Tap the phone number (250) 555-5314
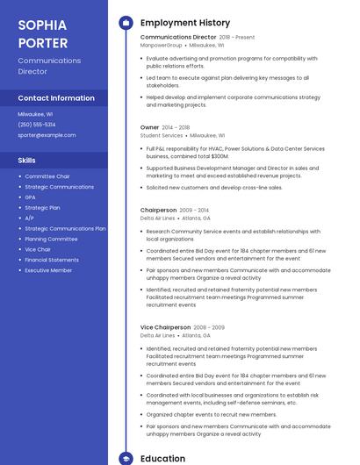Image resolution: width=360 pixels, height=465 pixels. coord(37,125)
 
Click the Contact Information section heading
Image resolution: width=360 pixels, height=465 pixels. coord(56,98)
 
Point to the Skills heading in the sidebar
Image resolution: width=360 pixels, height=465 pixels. coord(27,161)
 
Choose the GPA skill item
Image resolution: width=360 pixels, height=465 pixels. coord(31,197)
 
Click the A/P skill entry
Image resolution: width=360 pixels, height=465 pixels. coord(30,218)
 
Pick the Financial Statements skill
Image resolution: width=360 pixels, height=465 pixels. coord(52,260)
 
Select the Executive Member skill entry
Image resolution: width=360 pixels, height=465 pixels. coord(48,270)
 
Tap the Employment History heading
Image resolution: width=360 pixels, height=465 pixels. coord(185,23)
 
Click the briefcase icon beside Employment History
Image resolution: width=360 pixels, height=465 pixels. coord(126,23)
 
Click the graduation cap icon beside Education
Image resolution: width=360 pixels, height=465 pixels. coord(126,458)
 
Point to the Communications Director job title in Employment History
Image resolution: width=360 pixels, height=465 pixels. coord(178,38)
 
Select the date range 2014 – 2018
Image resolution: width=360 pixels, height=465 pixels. coord(176,127)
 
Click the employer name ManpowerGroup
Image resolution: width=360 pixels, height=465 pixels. coord(162,45)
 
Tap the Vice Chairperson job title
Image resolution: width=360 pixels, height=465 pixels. coord(165,327)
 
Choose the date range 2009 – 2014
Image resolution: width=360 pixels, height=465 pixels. coord(194,211)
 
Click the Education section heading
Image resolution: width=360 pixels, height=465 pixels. coord(163,458)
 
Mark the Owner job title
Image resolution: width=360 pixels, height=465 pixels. coord(149,127)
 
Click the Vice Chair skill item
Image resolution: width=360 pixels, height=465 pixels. coord(38,249)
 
